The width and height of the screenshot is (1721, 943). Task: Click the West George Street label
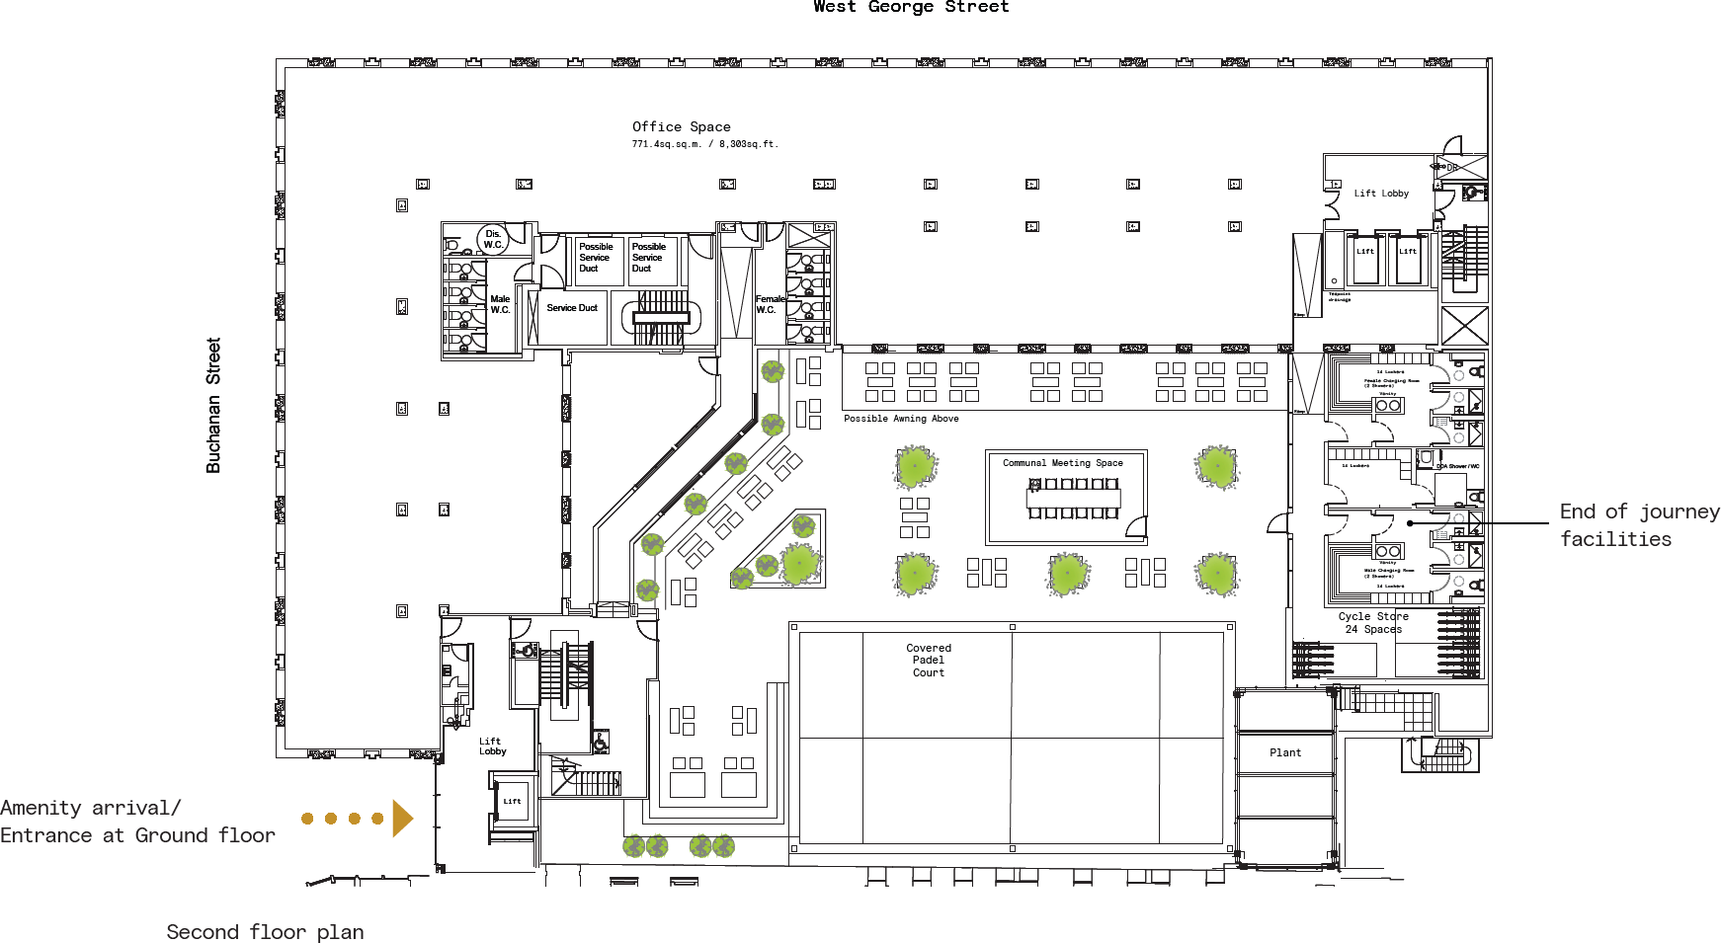[x=911, y=7]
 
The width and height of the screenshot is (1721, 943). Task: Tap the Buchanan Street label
[x=213, y=405]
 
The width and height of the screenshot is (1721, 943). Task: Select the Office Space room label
[x=682, y=126]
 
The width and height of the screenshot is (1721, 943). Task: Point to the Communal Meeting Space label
[x=1063, y=463]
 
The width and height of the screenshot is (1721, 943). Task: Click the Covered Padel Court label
[x=929, y=661]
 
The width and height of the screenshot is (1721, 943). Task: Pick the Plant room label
[x=1285, y=752]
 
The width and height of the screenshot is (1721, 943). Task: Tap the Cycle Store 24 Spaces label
[x=1373, y=623]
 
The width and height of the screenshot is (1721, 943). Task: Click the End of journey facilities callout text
[x=1638, y=525]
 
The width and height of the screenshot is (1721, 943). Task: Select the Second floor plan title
[x=265, y=932]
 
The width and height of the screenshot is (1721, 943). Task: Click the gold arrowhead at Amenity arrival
[x=401, y=819]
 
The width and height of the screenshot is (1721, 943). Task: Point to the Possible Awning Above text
[x=901, y=419]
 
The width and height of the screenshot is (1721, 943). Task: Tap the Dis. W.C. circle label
[x=493, y=239]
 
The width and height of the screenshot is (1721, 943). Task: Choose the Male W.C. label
[x=501, y=304]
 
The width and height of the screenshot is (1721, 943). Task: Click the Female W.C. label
[x=770, y=304]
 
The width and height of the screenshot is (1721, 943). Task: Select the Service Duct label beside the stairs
[x=572, y=308]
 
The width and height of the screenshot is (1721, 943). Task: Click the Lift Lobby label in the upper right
[x=1381, y=194]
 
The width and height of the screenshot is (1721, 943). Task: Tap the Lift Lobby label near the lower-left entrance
[x=492, y=747]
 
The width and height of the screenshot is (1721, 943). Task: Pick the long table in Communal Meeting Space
[x=1074, y=499]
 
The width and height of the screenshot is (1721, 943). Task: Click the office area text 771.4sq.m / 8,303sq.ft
[x=705, y=144]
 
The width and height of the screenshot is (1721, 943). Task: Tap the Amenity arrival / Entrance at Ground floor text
[x=137, y=822]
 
